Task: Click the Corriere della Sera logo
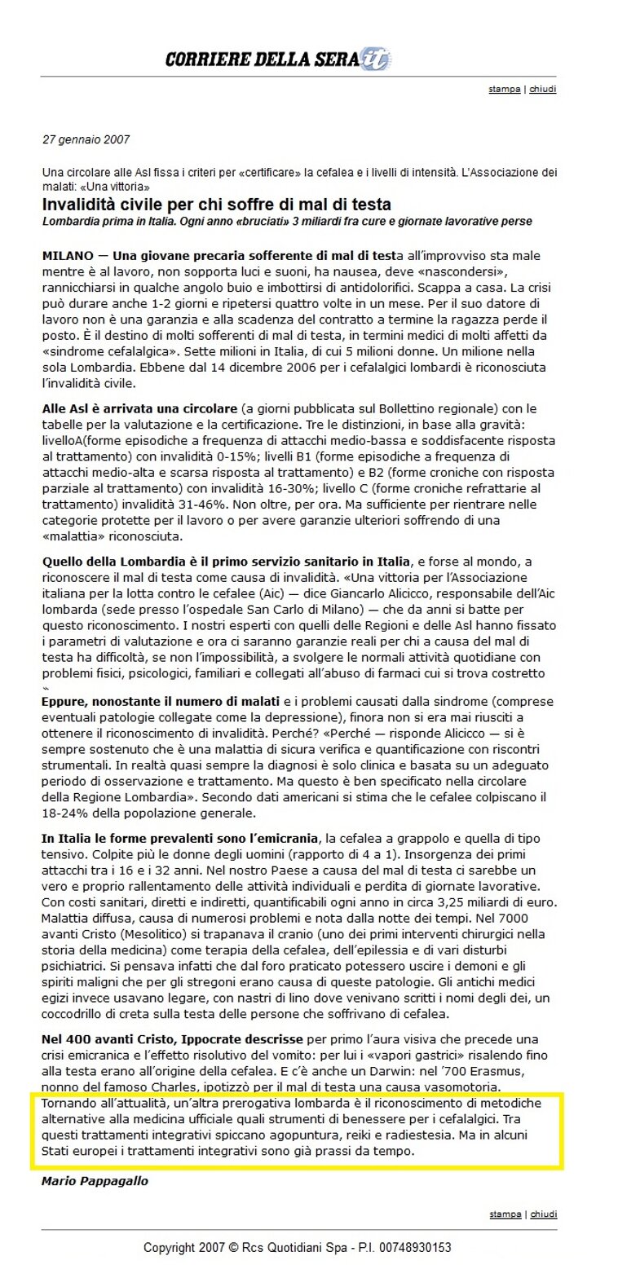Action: pos(277,59)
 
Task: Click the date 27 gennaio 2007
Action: pos(86,139)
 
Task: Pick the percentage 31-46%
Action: pos(225,505)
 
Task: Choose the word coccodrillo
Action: pos(78,1014)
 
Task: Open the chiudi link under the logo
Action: pos(543,89)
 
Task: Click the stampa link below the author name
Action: pos(505,1214)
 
